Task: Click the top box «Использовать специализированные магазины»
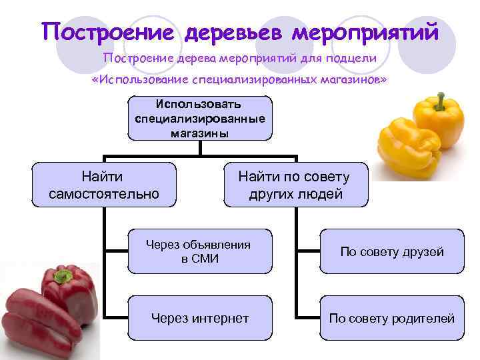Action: point(200,118)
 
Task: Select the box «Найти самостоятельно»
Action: point(105,185)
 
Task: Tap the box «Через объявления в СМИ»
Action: point(199,251)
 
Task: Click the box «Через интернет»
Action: point(199,318)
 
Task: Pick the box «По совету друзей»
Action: point(392,251)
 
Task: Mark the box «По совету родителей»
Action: point(392,318)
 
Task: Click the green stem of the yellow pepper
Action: point(440,102)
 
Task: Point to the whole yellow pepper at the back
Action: point(437,123)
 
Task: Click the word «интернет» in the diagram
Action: point(219,318)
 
